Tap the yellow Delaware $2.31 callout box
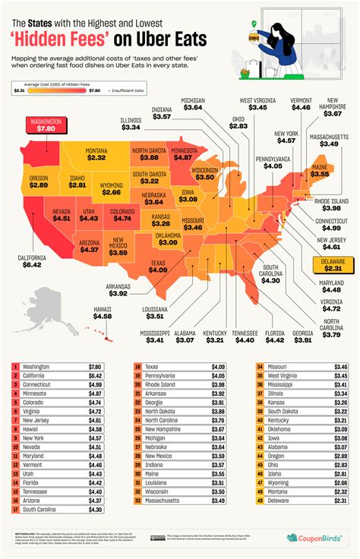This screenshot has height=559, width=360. tap(333, 264)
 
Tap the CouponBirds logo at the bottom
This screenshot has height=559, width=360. tap(312, 538)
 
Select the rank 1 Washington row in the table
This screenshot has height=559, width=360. tap(62, 366)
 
